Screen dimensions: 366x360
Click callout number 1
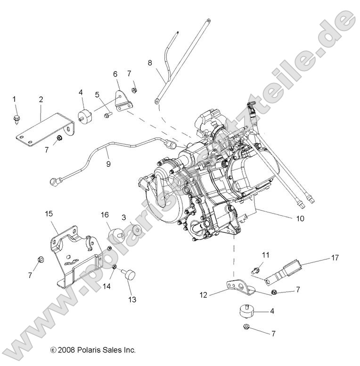pyautogui.click(x=14, y=99)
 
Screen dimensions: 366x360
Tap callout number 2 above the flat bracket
pyautogui.click(x=41, y=99)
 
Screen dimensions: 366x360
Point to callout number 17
pyautogui.click(x=335, y=258)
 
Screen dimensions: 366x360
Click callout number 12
pyautogui.click(x=204, y=295)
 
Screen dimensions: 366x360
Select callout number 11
pyautogui.click(x=266, y=255)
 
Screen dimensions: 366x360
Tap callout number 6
pyautogui.click(x=115, y=73)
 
